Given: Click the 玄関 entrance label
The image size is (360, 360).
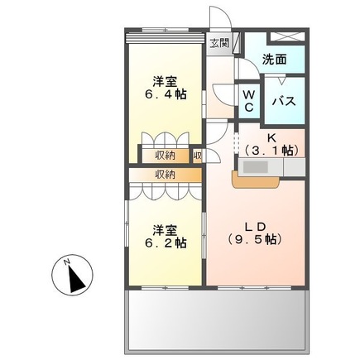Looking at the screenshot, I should [218, 43].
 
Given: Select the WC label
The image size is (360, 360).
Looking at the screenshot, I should [248, 100].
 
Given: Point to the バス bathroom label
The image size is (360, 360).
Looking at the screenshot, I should [286, 101].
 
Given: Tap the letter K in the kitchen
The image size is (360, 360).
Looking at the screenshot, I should [270, 137].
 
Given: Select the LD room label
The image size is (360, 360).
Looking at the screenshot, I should [255, 226].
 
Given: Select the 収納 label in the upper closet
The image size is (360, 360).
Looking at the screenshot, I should [165, 155].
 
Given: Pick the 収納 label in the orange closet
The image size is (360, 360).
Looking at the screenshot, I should [165, 175].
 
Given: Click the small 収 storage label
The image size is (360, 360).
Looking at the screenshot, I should [198, 155].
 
